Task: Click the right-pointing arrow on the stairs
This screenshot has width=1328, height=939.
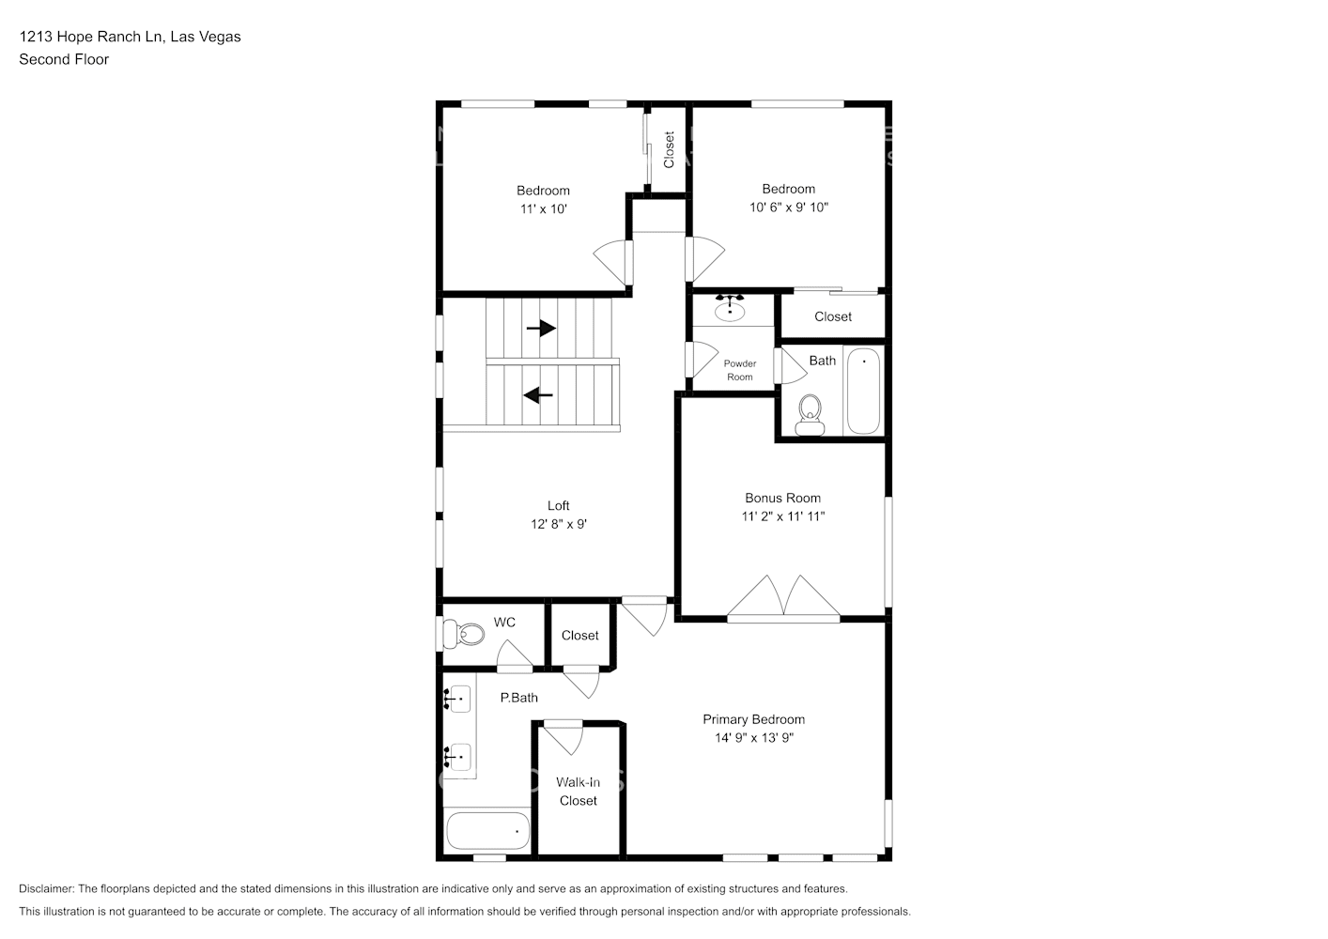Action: [541, 329]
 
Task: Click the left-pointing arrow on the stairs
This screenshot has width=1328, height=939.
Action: [538, 395]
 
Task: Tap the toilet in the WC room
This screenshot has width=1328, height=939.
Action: [465, 634]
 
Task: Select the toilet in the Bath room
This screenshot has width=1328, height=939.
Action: [809, 414]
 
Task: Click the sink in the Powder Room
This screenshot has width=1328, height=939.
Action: [730, 308]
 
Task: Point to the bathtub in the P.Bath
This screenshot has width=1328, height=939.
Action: [487, 831]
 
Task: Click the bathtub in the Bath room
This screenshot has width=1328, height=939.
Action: [863, 391]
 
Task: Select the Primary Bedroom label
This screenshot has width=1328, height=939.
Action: [753, 719]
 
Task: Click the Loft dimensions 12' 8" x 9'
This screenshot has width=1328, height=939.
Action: [558, 524]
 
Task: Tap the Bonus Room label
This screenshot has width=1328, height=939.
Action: [782, 498]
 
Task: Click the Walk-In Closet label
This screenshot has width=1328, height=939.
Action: [578, 791]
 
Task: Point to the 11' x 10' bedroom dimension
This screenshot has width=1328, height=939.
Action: [543, 208]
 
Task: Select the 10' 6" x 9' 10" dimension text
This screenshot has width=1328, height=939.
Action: [788, 207]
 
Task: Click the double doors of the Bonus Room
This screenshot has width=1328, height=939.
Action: [783, 598]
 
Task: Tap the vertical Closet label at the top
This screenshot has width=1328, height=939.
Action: [669, 149]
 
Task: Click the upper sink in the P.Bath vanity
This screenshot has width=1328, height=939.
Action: [458, 699]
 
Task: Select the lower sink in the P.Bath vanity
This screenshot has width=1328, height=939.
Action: [458, 754]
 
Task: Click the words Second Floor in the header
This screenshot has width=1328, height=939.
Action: [64, 59]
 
